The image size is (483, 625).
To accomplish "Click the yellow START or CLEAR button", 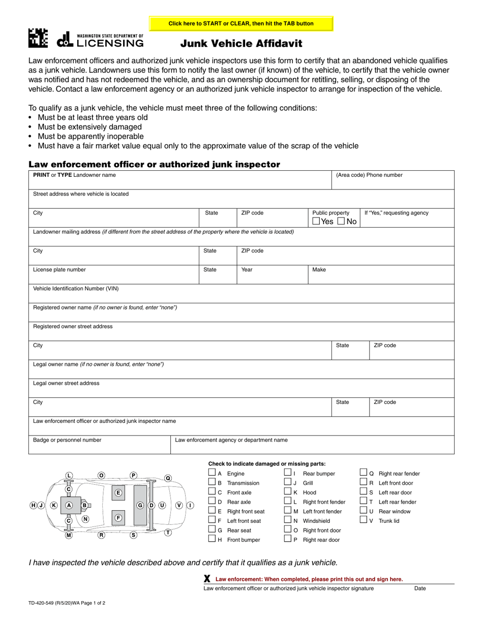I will (241, 23).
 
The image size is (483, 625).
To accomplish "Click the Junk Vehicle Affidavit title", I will (242, 44).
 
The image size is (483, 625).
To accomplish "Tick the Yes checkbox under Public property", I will (316, 221).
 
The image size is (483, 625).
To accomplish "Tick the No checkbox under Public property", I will (341, 221).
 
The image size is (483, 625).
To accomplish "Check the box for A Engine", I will (212, 473).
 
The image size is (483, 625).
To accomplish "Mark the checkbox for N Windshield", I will (287, 520).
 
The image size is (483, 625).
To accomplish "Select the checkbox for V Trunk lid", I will (363, 520).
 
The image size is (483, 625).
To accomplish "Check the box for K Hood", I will (287, 491).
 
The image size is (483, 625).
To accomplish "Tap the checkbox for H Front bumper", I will (212, 539).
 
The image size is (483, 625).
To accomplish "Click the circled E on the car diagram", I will (118, 492).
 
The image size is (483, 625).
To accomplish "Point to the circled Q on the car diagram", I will (168, 478).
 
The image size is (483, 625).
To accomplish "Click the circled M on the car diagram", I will (69, 535).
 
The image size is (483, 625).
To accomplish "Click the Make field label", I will (319, 270).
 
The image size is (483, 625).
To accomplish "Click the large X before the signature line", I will (207, 579).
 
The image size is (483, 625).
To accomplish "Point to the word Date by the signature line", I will (420, 588).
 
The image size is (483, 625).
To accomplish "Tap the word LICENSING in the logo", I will (110, 43).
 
